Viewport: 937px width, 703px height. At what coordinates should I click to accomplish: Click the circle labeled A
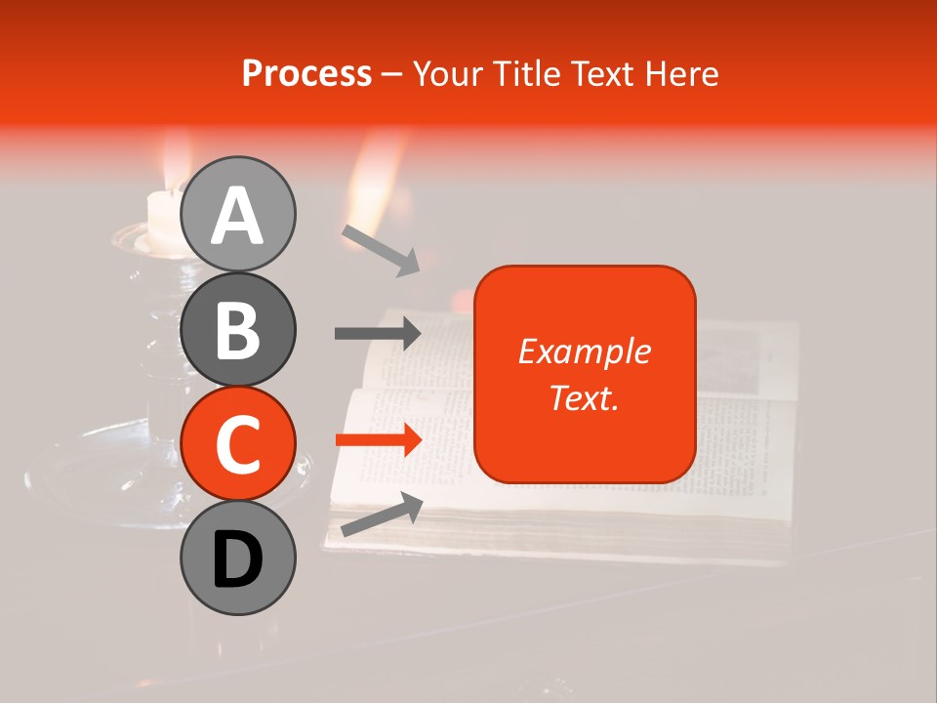pyautogui.click(x=237, y=214)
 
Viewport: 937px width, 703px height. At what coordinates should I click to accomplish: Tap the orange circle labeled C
pyautogui.click(x=237, y=442)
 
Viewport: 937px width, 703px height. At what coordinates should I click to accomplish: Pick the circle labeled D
pyautogui.click(x=237, y=558)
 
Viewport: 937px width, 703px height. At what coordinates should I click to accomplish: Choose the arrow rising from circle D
pyautogui.click(x=381, y=516)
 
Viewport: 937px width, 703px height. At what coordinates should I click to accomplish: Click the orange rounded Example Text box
pyautogui.click(x=585, y=374)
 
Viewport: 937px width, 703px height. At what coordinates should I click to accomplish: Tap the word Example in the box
pyautogui.click(x=585, y=351)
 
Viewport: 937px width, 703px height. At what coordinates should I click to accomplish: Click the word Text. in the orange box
pyautogui.click(x=585, y=397)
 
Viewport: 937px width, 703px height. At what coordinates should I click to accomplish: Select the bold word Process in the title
pyautogui.click(x=306, y=73)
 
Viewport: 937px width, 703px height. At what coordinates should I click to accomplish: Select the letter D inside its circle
pyautogui.click(x=237, y=559)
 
